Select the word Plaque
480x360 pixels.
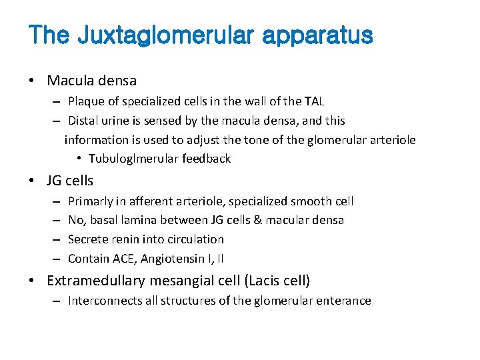click(x=87, y=101)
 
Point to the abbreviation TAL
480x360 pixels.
click(x=312, y=101)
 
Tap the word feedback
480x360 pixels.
click(x=206, y=159)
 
